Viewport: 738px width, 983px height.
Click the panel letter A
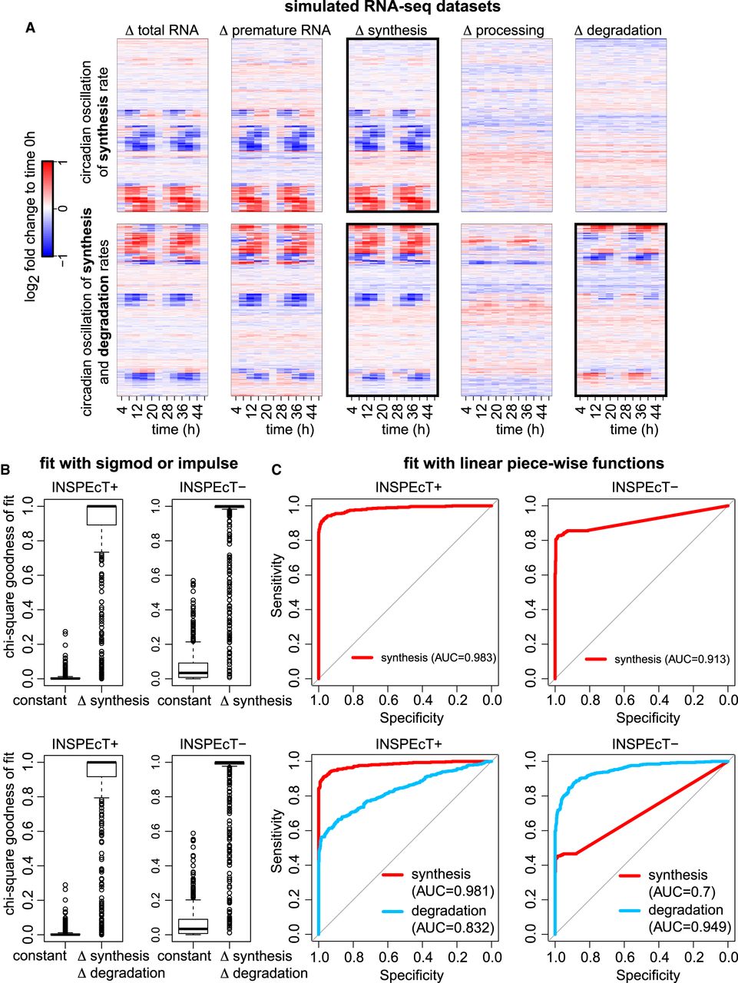click(30, 28)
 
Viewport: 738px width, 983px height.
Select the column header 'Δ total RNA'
click(162, 31)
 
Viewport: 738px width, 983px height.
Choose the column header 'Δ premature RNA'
click(275, 31)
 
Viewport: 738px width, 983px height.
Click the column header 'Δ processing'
click(504, 31)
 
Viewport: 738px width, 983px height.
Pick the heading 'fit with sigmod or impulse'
click(139, 463)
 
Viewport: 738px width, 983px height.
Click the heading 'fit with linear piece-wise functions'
click(534, 463)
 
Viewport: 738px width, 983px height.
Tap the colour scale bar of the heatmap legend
click(48, 207)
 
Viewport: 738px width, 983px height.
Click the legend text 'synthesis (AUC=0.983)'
click(438, 658)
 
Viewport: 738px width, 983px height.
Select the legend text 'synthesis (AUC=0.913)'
click(671, 659)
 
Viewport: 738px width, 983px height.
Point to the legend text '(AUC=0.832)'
click(452, 928)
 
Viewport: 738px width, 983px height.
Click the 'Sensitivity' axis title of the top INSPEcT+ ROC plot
click(278, 587)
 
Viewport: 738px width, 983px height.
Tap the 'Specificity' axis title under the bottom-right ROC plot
click(647, 975)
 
